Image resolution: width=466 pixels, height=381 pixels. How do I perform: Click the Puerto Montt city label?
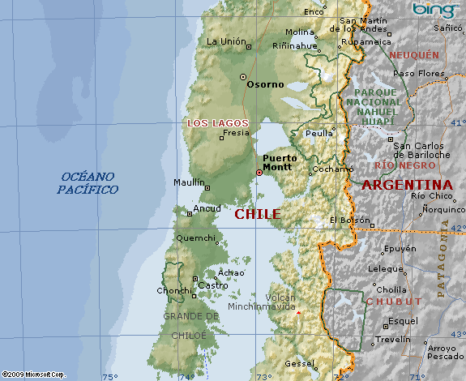click(x=280, y=162)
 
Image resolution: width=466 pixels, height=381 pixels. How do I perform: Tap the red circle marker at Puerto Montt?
click(x=259, y=172)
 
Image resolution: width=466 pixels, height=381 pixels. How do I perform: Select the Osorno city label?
click(x=266, y=83)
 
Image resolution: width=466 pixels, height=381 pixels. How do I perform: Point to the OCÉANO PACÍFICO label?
click(x=88, y=182)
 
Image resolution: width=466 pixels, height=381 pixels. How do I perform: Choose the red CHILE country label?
click(x=258, y=214)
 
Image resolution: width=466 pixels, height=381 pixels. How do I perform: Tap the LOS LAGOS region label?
click(x=217, y=122)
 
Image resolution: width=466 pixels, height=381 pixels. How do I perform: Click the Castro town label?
click(x=213, y=285)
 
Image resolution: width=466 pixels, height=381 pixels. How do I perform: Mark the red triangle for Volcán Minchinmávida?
click(x=298, y=312)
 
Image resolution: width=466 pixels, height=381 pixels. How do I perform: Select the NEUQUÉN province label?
click(x=414, y=55)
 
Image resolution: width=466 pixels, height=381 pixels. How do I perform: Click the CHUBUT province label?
click(x=393, y=301)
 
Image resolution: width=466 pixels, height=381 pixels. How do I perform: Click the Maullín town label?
click(x=189, y=182)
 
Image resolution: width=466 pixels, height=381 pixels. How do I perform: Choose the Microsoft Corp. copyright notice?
click(x=34, y=374)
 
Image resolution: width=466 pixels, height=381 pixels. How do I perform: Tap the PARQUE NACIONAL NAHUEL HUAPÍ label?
click(x=373, y=103)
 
